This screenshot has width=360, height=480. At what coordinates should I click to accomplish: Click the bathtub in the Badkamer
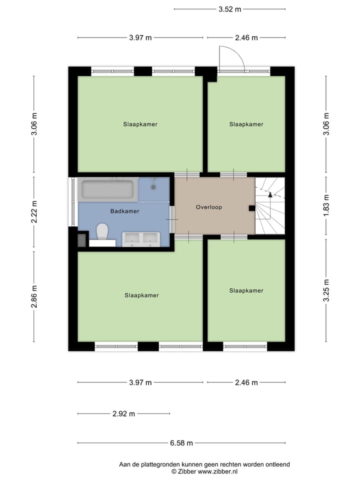[x=107, y=189]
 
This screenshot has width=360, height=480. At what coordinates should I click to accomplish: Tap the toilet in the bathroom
[x=102, y=231]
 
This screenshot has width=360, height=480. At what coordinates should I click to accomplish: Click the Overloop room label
[x=208, y=207]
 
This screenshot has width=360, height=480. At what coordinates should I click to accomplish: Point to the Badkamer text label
[x=124, y=211]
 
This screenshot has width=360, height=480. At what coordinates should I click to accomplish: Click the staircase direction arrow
[x=270, y=194]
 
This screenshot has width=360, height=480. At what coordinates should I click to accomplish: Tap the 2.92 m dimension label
[x=123, y=414]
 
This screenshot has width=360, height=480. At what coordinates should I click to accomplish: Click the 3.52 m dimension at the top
[x=229, y=9]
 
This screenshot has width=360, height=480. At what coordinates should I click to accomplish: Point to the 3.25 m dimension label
[x=326, y=290]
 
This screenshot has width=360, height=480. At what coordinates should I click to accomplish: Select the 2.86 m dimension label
[x=34, y=296]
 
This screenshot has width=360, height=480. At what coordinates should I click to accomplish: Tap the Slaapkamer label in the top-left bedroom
[x=140, y=124]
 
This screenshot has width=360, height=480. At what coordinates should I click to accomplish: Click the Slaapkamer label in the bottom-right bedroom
[x=246, y=290]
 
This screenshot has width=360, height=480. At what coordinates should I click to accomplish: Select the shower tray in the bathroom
[x=154, y=189]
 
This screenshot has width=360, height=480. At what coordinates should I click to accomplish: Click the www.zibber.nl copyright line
[x=204, y=471]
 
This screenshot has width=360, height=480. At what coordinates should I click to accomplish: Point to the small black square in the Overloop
[x=251, y=208]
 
